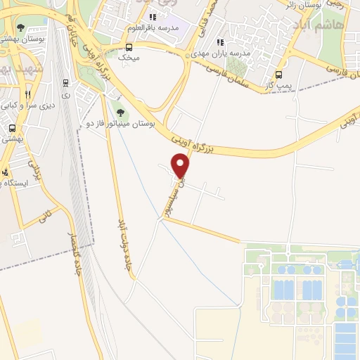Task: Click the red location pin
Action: tap(181, 166)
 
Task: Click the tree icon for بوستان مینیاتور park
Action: tap(120, 111)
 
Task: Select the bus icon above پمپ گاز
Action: tap(278, 75)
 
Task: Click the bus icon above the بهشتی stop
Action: tap(12, 128)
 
